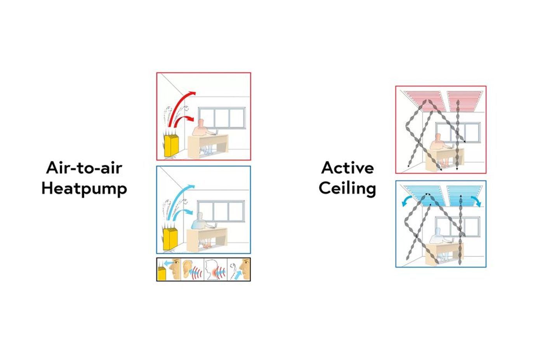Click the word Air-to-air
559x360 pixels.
84,168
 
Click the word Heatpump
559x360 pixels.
84,189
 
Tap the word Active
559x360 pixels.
348,168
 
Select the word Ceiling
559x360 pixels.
347,189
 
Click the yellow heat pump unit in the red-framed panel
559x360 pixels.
172,146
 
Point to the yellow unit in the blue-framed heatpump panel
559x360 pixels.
171,239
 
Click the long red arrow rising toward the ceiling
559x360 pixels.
181,109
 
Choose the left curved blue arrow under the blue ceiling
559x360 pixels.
407,201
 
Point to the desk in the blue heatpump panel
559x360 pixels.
207,238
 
